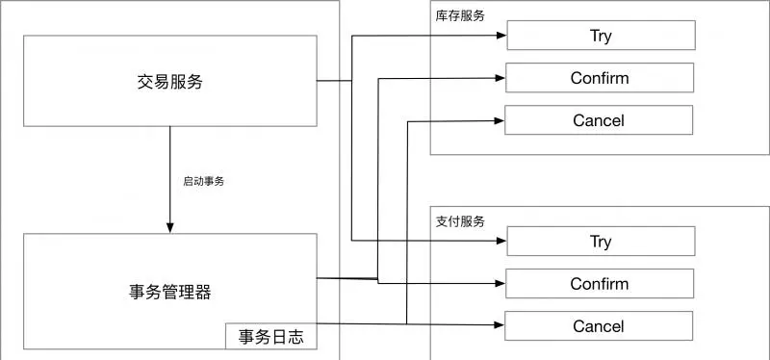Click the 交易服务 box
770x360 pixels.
[x=169, y=81]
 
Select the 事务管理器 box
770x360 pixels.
[x=169, y=291]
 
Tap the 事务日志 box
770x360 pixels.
[x=269, y=336]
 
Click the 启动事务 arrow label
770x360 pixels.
[x=204, y=180]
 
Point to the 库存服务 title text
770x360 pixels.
[x=460, y=16]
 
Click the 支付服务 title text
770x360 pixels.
[x=460, y=221]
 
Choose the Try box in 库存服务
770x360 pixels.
[x=600, y=37]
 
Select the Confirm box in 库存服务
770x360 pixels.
[x=599, y=78]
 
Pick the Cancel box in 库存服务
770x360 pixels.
[x=599, y=120]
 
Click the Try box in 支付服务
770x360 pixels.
[x=600, y=242]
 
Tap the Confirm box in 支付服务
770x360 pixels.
[x=599, y=284]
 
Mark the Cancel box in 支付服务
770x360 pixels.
[x=599, y=326]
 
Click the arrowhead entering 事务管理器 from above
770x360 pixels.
[x=170, y=227]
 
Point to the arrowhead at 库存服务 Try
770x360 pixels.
[x=500, y=37]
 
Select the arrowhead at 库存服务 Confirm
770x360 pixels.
[x=500, y=78]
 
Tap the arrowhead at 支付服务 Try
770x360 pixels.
[x=500, y=241]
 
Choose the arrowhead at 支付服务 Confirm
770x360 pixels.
[x=500, y=284]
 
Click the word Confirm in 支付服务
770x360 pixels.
[x=599, y=284]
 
